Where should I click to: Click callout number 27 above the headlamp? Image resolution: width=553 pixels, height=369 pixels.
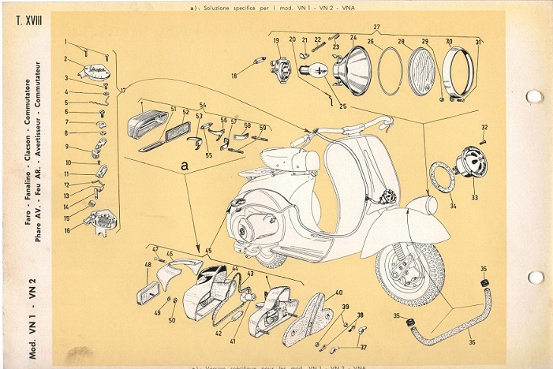tap(376, 28)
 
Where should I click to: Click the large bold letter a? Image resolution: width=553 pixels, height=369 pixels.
tap(184, 166)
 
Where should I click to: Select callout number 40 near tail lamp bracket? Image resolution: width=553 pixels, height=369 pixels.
tap(338, 293)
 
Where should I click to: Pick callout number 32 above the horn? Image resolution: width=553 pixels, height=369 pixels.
tap(484, 127)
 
